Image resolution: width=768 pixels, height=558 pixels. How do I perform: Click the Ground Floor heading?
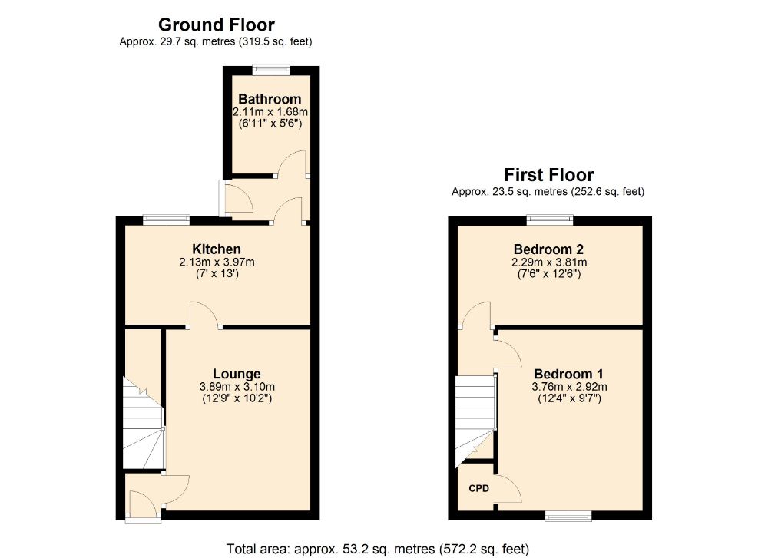coord(216,25)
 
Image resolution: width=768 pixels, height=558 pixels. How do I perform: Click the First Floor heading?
coord(548,175)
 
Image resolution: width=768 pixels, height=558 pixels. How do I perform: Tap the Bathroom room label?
coord(270,100)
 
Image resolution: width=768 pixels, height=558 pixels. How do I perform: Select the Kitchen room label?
coord(217,249)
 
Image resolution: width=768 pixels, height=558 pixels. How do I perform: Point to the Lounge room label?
coord(237,375)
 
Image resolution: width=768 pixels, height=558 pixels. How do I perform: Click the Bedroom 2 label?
coord(548,249)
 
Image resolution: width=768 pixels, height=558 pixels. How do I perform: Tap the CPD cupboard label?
coord(478,487)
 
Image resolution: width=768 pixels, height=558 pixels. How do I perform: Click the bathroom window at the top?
coord(273,69)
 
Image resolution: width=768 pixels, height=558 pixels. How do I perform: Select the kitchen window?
coord(167,218)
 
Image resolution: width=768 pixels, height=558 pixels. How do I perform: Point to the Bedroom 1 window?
coord(569,515)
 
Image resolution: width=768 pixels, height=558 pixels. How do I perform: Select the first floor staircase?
coord(474,418)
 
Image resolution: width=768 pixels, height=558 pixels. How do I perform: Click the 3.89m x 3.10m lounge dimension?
coord(237,387)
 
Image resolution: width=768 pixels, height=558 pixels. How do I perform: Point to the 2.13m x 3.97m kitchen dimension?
coord(217,262)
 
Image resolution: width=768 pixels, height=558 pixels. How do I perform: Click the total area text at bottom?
coord(378,549)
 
